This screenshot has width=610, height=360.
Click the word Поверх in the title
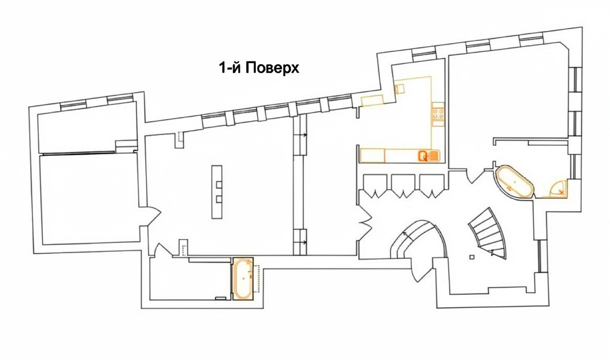(273, 68)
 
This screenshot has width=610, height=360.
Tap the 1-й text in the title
(231, 68)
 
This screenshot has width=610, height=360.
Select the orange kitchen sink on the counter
(428, 156)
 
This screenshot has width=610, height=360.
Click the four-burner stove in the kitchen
(438, 114)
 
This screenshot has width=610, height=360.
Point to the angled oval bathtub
(514, 183)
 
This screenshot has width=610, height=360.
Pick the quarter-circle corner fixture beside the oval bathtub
(558, 189)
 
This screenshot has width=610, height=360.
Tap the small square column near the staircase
(472, 257)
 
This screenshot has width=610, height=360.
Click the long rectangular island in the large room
(217, 192)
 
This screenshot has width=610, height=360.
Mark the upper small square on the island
(218, 184)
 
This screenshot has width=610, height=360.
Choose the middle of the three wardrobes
(403, 186)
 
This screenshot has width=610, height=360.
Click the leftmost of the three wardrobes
(374, 186)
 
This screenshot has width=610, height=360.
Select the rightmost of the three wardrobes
(432, 186)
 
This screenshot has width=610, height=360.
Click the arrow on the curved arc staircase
(406, 233)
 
